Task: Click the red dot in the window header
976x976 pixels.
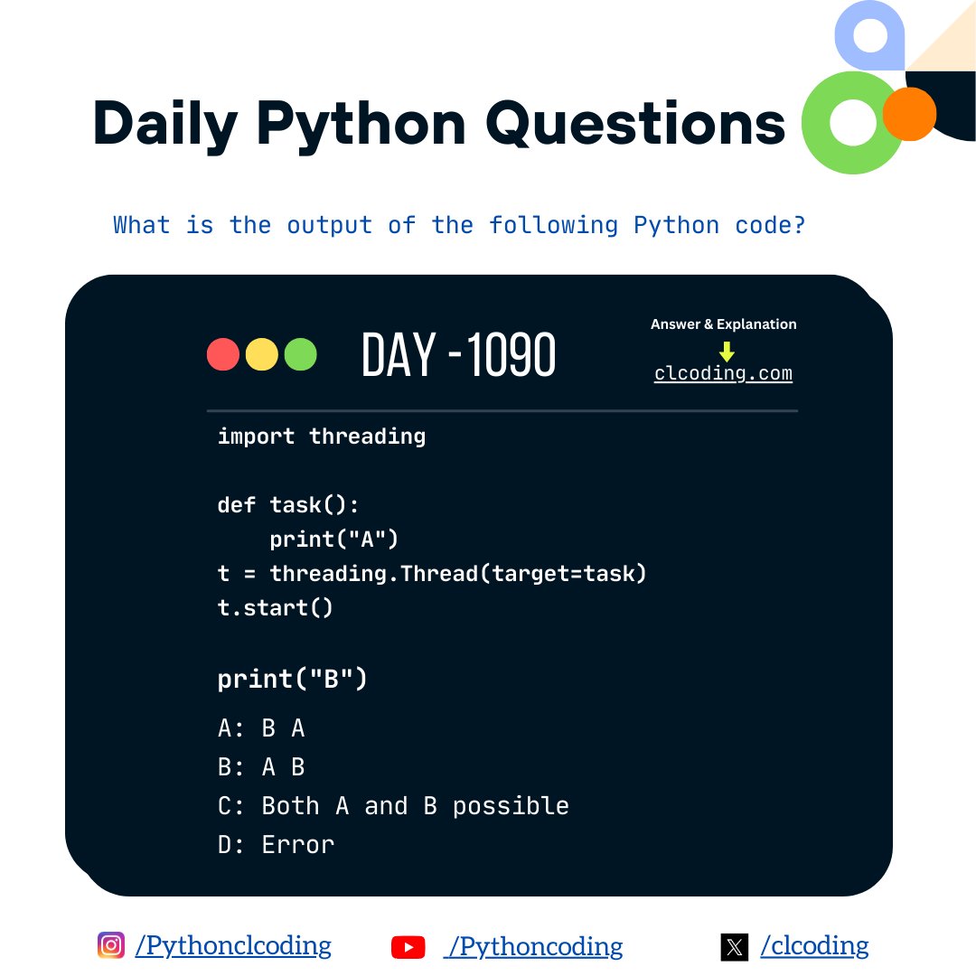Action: tap(222, 354)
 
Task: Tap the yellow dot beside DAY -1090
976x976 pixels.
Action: tap(261, 354)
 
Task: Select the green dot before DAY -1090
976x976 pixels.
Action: tap(300, 354)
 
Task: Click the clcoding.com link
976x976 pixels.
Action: tap(723, 373)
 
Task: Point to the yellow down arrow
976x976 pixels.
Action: tap(727, 352)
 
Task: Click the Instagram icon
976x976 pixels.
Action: tap(111, 945)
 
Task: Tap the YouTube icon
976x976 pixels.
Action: tap(408, 947)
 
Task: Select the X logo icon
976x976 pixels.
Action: tap(735, 947)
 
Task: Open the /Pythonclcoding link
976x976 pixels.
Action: tap(233, 946)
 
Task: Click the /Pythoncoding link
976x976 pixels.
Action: tap(533, 946)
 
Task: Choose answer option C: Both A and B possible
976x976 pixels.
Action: tap(393, 805)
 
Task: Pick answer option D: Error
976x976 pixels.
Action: tap(276, 845)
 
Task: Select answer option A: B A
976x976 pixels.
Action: tap(261, 728)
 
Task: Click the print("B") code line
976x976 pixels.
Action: tap(293, 679)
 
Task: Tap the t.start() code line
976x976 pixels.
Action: tap(276, 607)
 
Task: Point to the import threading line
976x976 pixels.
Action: tap(321, 436)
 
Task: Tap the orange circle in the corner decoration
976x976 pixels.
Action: tap(908, 114)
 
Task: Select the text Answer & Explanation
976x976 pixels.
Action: tap(723, 324)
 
